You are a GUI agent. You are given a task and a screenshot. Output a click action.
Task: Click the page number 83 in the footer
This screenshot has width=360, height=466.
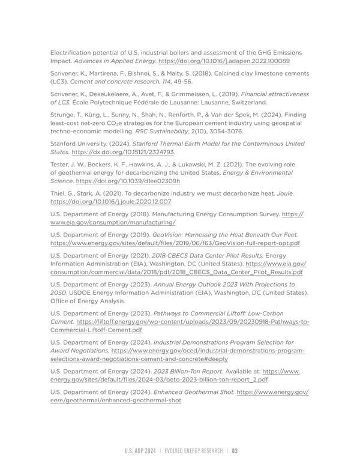[x=235, y=451]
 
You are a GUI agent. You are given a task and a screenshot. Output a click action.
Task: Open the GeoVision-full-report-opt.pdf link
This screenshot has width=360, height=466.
[x=175, y=243]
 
